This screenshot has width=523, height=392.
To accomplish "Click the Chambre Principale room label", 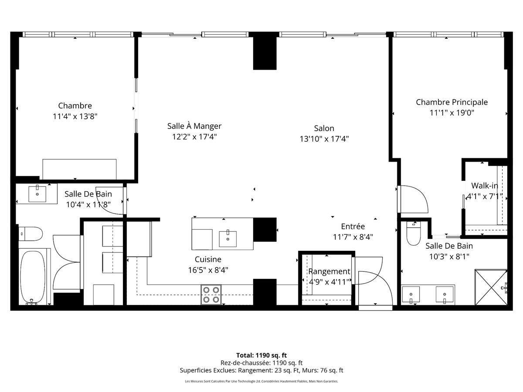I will pos(452,102).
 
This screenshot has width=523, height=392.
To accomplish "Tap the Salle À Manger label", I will pos(194,126).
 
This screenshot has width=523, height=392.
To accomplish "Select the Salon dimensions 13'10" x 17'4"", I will pos(324,139).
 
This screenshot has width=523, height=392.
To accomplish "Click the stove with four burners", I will pos(211,294).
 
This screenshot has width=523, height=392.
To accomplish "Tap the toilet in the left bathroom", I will pos(31,233).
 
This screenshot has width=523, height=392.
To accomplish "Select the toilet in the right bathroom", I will pos(412,235).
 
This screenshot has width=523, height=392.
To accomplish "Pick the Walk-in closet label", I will pos(484,186).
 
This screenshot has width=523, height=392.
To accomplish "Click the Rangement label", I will pos(329,271).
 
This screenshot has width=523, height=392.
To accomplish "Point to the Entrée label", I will pos(353,226).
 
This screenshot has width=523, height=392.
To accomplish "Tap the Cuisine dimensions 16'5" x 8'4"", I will pos(208,270).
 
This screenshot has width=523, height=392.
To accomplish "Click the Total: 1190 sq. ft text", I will pos(261,355).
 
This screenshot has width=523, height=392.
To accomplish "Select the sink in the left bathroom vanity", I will pos(37,194).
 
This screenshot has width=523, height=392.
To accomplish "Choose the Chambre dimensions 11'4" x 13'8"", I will pos(75,116).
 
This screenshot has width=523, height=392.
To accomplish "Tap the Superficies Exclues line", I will pos(261,370).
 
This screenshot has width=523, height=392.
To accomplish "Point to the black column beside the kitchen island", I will pos(265,229).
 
